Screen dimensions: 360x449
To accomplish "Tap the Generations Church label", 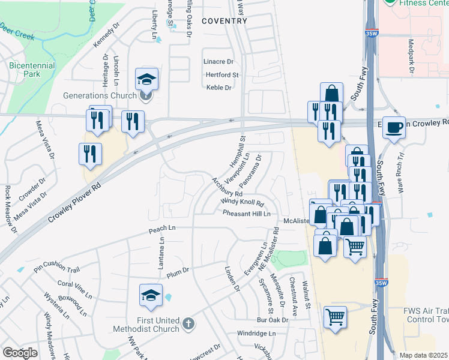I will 101,95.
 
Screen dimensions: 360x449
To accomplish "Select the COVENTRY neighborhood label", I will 224,21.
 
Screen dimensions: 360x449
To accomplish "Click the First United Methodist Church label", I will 149,324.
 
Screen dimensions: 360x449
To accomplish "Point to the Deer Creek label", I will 17,31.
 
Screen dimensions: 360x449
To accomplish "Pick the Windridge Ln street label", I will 256,333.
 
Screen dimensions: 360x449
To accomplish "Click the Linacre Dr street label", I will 218,62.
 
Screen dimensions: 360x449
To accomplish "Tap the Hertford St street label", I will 222,75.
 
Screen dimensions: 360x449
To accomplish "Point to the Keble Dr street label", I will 219,88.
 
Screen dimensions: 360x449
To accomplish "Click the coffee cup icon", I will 394,127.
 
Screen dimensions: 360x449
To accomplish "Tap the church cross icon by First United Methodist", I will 188,325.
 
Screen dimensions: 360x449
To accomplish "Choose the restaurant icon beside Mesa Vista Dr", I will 90,154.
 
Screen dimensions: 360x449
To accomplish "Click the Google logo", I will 20,353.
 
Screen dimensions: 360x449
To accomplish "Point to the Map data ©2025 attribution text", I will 423,355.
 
